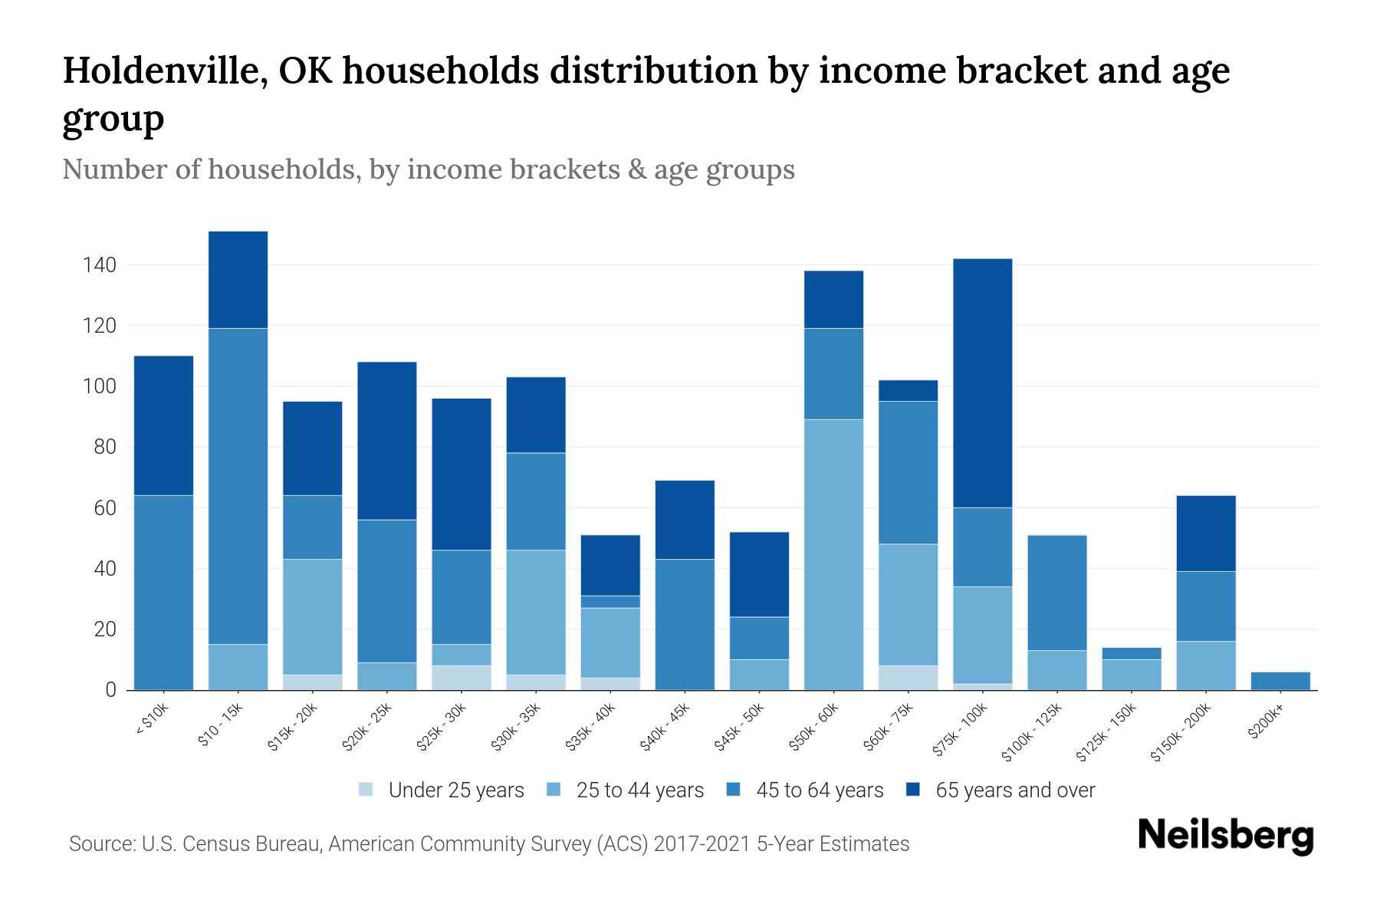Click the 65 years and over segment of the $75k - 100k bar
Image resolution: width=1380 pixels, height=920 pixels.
(982, 383)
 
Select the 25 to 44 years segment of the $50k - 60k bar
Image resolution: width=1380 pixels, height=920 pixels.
(833, 554)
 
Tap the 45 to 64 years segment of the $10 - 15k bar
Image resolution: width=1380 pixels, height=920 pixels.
(238, 486)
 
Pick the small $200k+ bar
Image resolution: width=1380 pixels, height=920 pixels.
(1280, 681)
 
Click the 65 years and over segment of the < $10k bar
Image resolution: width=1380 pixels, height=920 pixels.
(163, 426)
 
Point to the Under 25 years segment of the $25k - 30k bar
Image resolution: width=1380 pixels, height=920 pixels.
(462, 678)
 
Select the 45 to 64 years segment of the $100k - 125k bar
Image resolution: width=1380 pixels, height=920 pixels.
(1056, 593)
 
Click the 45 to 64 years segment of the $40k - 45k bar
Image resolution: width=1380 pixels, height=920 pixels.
(685, 624)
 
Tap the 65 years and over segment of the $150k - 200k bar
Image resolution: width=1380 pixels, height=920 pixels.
(1205, 534)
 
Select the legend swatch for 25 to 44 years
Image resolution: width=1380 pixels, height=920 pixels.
(554, 790)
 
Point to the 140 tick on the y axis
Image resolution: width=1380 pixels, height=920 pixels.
(99, 265)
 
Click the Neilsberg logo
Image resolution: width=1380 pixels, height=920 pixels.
(1225, 835)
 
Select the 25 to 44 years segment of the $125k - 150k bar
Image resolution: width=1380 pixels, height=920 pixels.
(1131, 675)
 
